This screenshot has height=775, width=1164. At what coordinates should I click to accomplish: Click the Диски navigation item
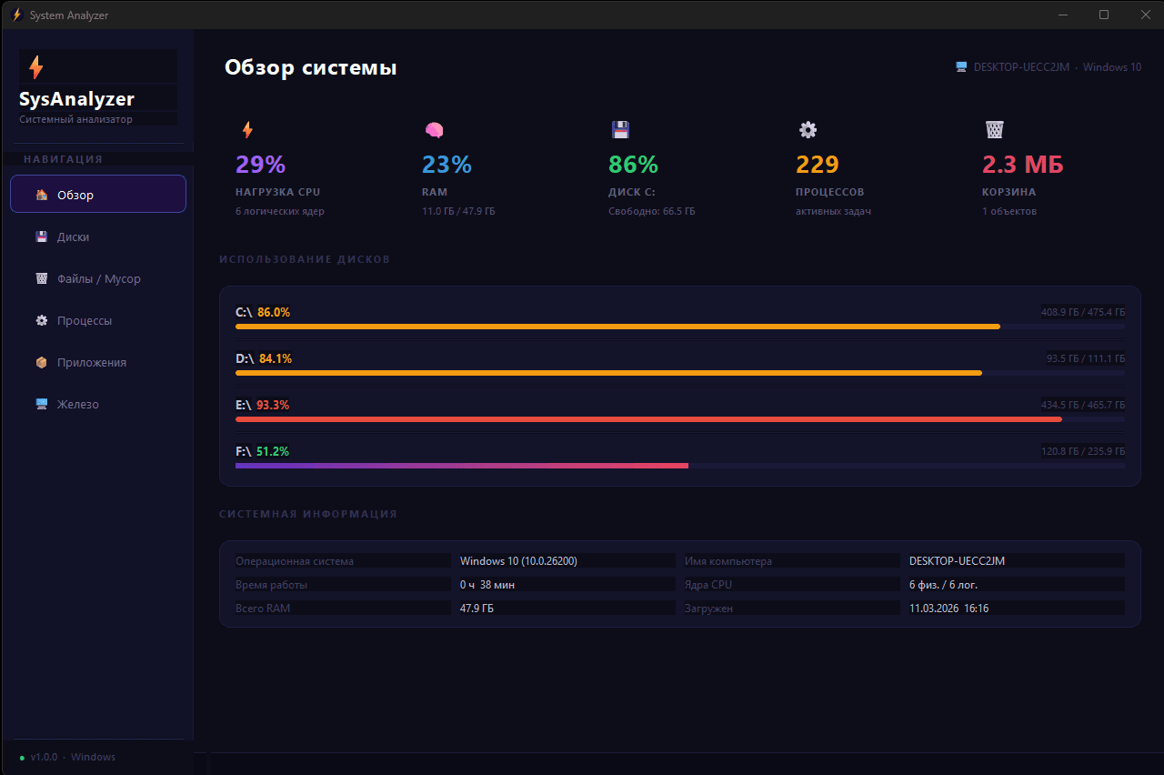(x=73, y=237)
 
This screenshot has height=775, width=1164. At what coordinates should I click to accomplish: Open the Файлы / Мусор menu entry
(x=98, y=278)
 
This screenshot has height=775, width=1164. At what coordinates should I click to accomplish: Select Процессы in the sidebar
(x=85, y=320)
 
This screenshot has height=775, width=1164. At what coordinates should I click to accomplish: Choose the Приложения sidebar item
(x=91, y=362)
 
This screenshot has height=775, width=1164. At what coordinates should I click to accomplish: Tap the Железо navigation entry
(x=77, y=404)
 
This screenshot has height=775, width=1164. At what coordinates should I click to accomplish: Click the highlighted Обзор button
(x=98, y=194)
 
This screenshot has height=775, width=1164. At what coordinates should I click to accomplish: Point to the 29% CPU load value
(x=260, y=165)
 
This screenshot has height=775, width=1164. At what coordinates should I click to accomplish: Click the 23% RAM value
(x=447, y=165)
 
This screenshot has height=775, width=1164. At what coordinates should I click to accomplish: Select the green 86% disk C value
(x=633, y=165)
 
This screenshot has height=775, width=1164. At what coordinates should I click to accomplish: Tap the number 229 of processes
(x=818, y=165)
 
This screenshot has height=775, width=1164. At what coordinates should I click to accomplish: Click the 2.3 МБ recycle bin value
(x=1022, y=165)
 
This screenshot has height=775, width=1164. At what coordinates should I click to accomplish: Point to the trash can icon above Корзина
(x=994, y=130)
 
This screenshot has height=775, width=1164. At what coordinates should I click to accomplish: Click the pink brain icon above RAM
(x=434, y=130)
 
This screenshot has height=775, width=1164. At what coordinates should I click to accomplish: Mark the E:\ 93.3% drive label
(x=262, y=405)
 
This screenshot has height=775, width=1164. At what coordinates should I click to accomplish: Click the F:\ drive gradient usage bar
(x=461, y=465)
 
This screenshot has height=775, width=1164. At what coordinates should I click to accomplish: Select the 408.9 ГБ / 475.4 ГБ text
(x=1082, y=312)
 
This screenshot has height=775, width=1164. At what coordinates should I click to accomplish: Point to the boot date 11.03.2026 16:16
(x=948, y=608)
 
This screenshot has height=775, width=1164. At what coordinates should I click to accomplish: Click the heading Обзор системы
(x=310, y=67)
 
